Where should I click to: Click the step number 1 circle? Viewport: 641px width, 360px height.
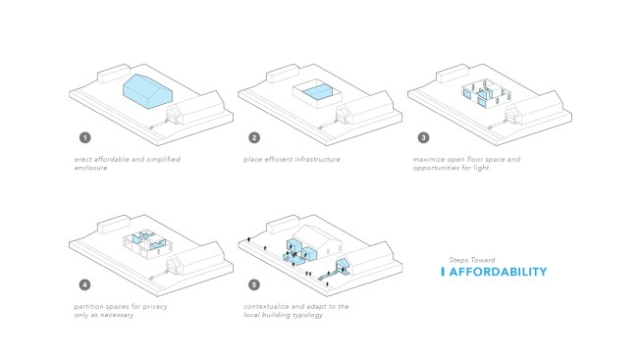click(x=85, y=137)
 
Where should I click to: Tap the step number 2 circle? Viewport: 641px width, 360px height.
click(x=254, y=137)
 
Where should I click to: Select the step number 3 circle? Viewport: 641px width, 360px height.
click(x=423, y=137)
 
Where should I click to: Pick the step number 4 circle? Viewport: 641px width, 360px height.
click(x=85, y=284)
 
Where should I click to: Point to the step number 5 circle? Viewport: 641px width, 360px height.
click(x=254, y=284)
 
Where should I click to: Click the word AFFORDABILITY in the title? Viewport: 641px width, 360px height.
click(x=498, y=272)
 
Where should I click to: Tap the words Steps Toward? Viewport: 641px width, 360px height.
click(x=472, y=260)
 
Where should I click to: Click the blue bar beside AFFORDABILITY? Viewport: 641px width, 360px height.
click(x=443, y=272)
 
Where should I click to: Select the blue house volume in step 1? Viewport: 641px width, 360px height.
click(x=147, y=92)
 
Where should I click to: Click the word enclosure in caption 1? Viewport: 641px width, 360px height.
click(x=90, y=168)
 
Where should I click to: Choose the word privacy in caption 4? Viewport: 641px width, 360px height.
click(x=155, y=307)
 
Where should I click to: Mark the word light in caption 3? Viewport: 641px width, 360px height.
click(x=481, y=168)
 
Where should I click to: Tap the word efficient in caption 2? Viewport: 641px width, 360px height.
click(x=279, y=159)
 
